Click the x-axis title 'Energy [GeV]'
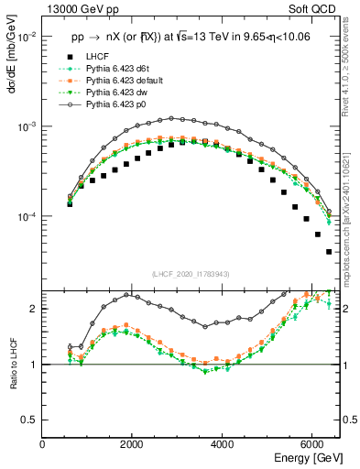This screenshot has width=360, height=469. click(x=308, y=457)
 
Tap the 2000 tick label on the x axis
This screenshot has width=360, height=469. click(x=132, y=443)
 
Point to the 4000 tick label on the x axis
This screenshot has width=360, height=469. click(x=222, y=443)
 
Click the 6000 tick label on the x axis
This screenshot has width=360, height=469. click(x=311, y=443)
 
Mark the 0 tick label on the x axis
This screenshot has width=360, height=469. click(x=43, y=443)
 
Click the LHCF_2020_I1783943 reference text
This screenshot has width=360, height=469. click(x=190, y=274)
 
